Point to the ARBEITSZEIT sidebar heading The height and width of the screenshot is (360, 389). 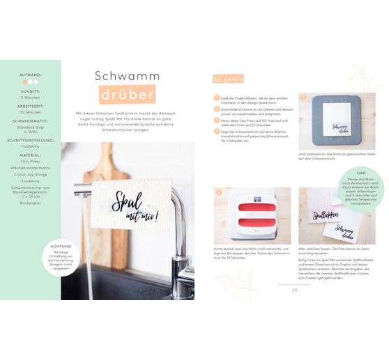click(31, 104)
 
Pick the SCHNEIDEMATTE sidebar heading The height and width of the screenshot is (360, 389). click(31, 120)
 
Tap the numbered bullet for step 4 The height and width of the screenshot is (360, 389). click(216, 131)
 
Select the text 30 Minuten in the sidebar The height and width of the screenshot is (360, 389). click(31, 111)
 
